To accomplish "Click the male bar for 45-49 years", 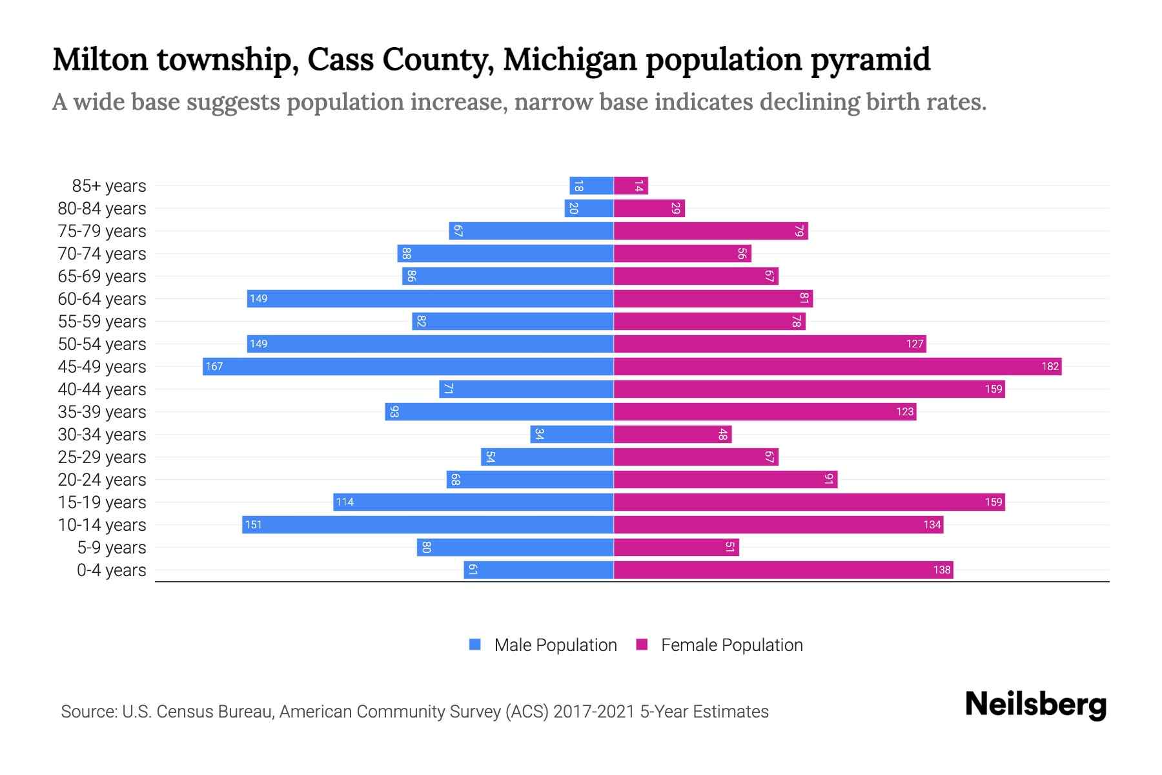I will [408, 367].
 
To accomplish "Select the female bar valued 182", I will [837, 367].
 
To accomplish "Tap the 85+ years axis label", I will [109, 186].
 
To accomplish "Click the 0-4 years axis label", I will [111, 570].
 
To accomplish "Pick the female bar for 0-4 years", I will [783, 570].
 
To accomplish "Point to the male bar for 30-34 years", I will [572, 435].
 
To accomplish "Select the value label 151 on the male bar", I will [254, 525].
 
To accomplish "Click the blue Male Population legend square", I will [475, 645].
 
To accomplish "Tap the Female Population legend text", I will [731, 645].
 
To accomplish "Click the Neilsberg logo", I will [1035, 705].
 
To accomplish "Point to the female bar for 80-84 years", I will [649, 209].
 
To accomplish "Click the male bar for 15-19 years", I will [473, 502].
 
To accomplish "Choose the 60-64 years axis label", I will [102, 299].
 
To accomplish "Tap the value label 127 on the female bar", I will [914, 344].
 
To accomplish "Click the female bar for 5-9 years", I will [676, 548].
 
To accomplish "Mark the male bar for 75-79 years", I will [531, 231].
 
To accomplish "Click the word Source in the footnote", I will [88, 712].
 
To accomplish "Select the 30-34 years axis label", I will [102, 435].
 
